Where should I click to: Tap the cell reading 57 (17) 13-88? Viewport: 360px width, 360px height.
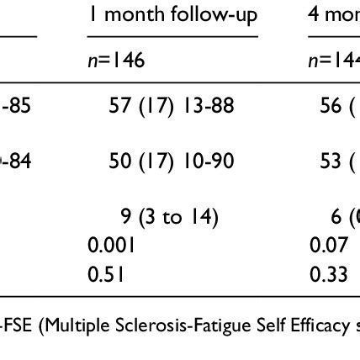(170, 105)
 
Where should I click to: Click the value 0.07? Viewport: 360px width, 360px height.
(326, 246)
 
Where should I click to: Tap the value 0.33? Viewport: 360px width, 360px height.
(326, 273)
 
